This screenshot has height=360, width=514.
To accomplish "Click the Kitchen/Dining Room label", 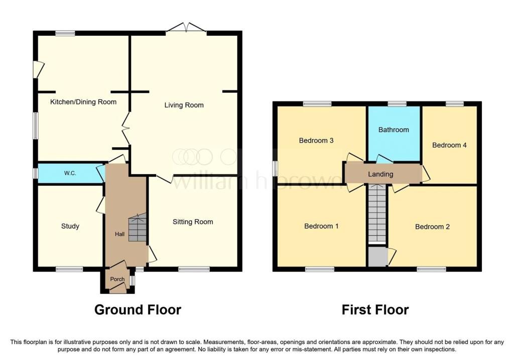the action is [x=83, y=102].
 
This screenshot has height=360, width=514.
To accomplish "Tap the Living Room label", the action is [x=184, y=105].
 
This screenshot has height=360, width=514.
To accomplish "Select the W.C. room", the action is [x=70, y=173].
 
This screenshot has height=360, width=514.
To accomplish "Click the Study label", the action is [x=70, y=226].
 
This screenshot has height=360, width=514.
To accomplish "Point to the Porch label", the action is [x=117, y=279].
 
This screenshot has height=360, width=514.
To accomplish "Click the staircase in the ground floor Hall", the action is [x=137, y=227].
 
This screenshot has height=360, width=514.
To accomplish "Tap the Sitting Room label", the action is [x=193, y=222].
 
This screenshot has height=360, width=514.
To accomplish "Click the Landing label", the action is [x=380, y=174].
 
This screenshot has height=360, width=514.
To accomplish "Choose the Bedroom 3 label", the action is [x=316, y=141].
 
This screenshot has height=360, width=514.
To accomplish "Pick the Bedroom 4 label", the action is [x=449, y=145].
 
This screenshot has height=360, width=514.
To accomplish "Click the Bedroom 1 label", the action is [x=321, y=226].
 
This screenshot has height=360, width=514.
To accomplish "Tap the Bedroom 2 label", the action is [x=432, y=226].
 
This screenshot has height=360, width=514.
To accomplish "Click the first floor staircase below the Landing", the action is [x=377, y=213].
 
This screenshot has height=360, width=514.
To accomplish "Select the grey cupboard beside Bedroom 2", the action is [x=377, y=257].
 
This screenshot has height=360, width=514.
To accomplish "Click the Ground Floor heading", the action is [x=138, y=310].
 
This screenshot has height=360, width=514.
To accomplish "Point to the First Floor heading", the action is [x=375, y=310].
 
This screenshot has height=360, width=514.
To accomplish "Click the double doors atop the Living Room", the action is [x=187, y=28].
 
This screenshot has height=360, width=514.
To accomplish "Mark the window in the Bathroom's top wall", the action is [x=397, y=103].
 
